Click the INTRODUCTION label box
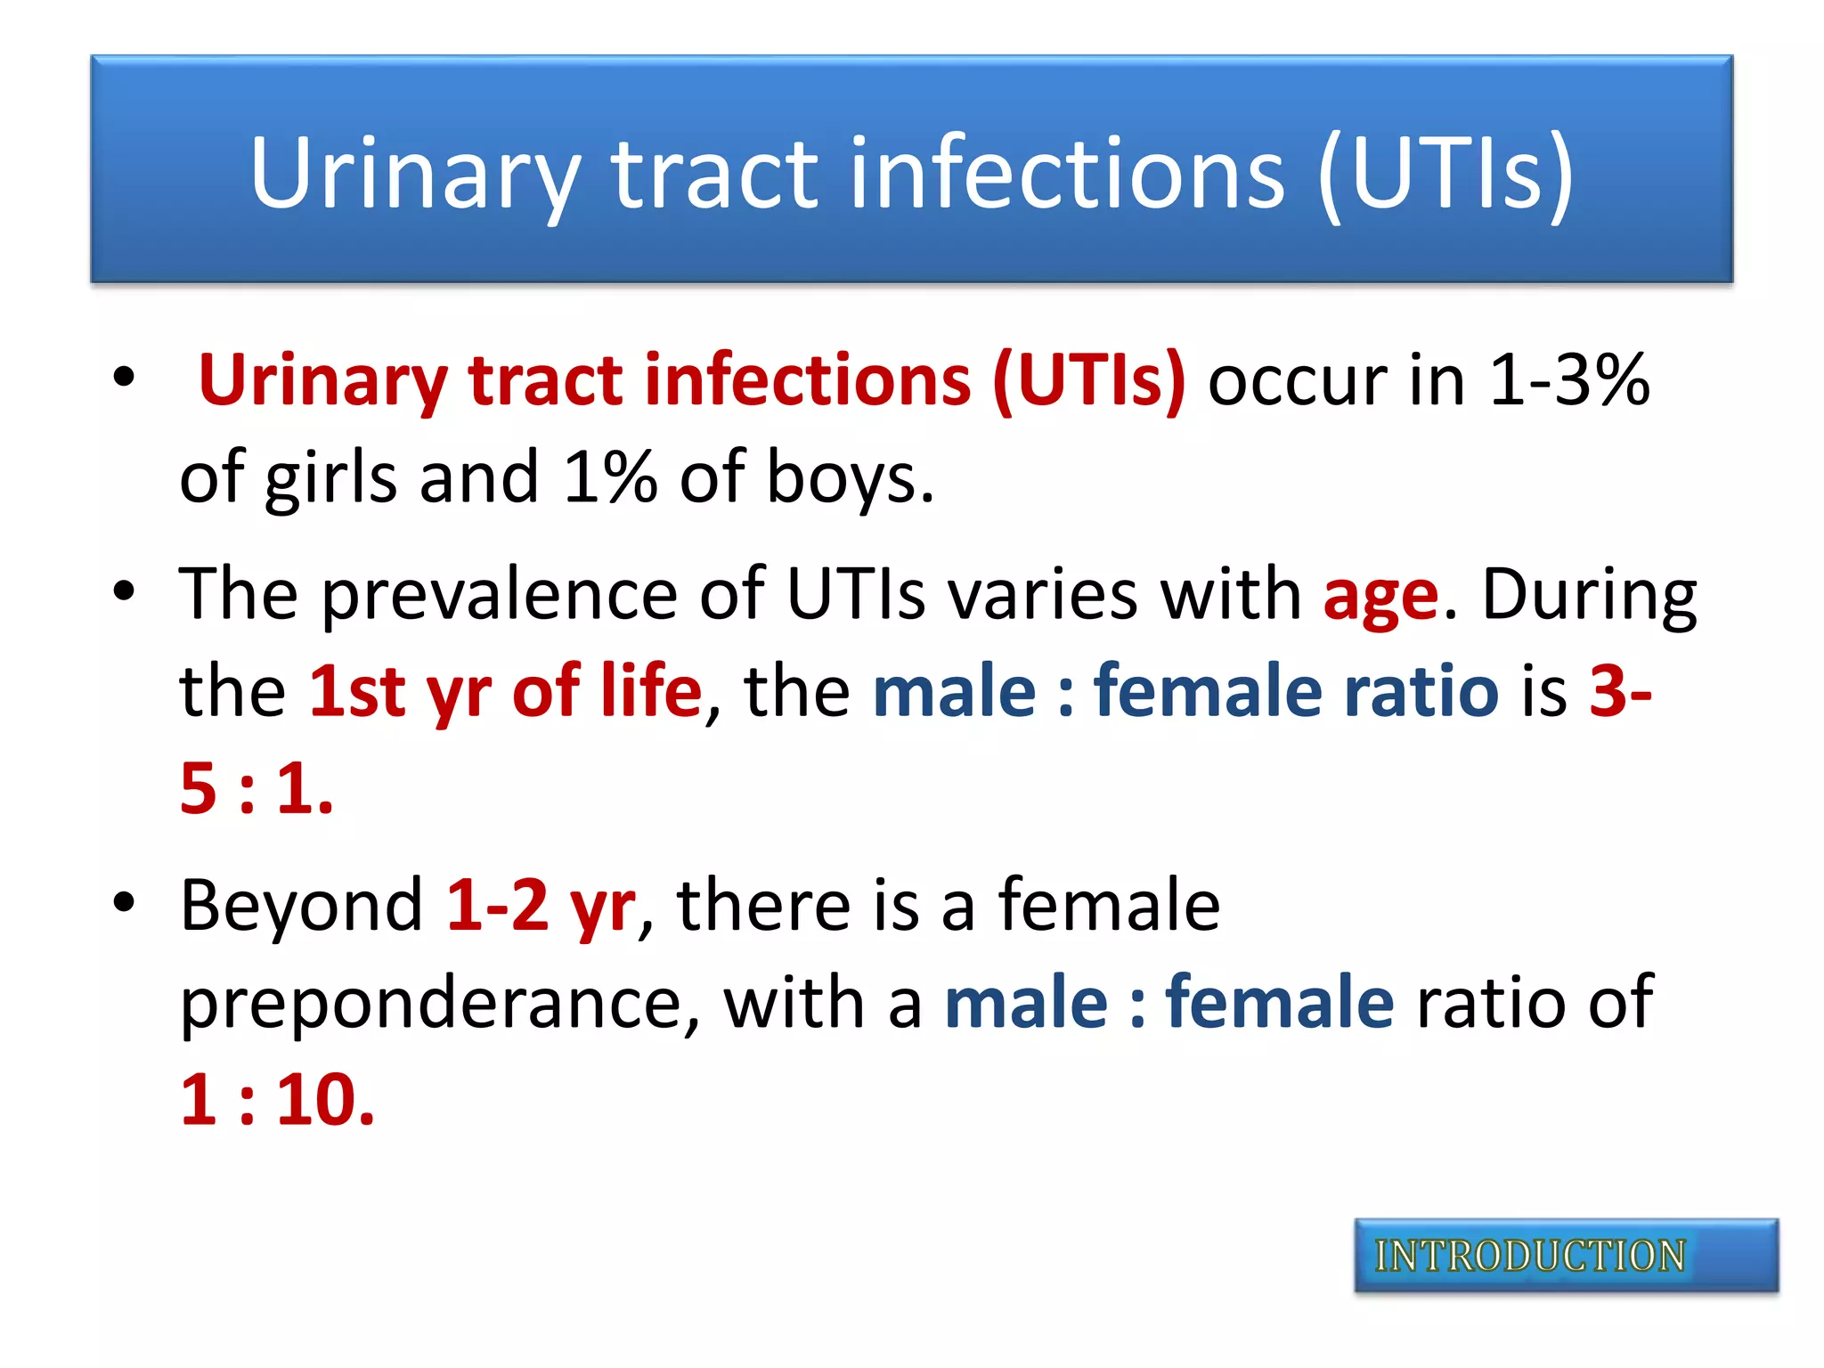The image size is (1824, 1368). click(1565, 1256)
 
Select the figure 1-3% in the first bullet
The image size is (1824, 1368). click(1568, 381)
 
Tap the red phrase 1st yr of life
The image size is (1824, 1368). click(505, 691)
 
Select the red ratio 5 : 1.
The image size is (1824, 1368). click(256, 789)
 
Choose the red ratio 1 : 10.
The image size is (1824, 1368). click(277, 1101)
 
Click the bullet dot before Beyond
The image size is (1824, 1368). click(124, 901)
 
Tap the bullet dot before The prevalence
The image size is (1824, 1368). click(124, 590)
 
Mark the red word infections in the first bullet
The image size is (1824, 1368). click(807, 381)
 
